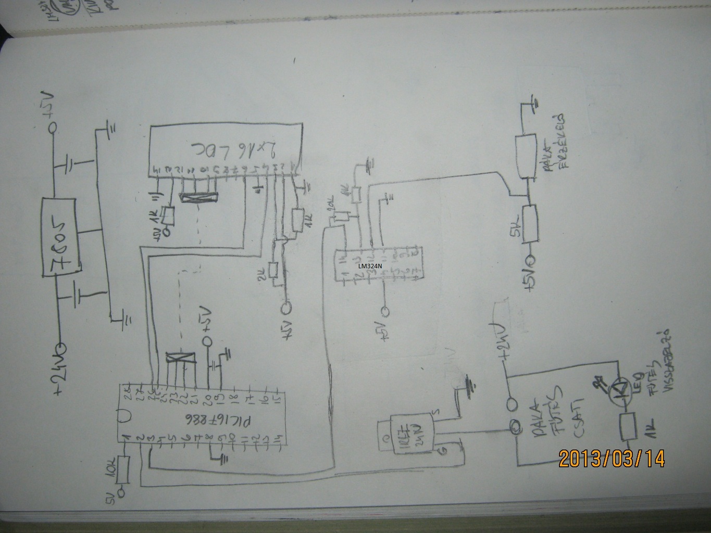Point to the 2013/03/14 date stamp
tap(612, 459)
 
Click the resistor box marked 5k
tap(531, 224)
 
